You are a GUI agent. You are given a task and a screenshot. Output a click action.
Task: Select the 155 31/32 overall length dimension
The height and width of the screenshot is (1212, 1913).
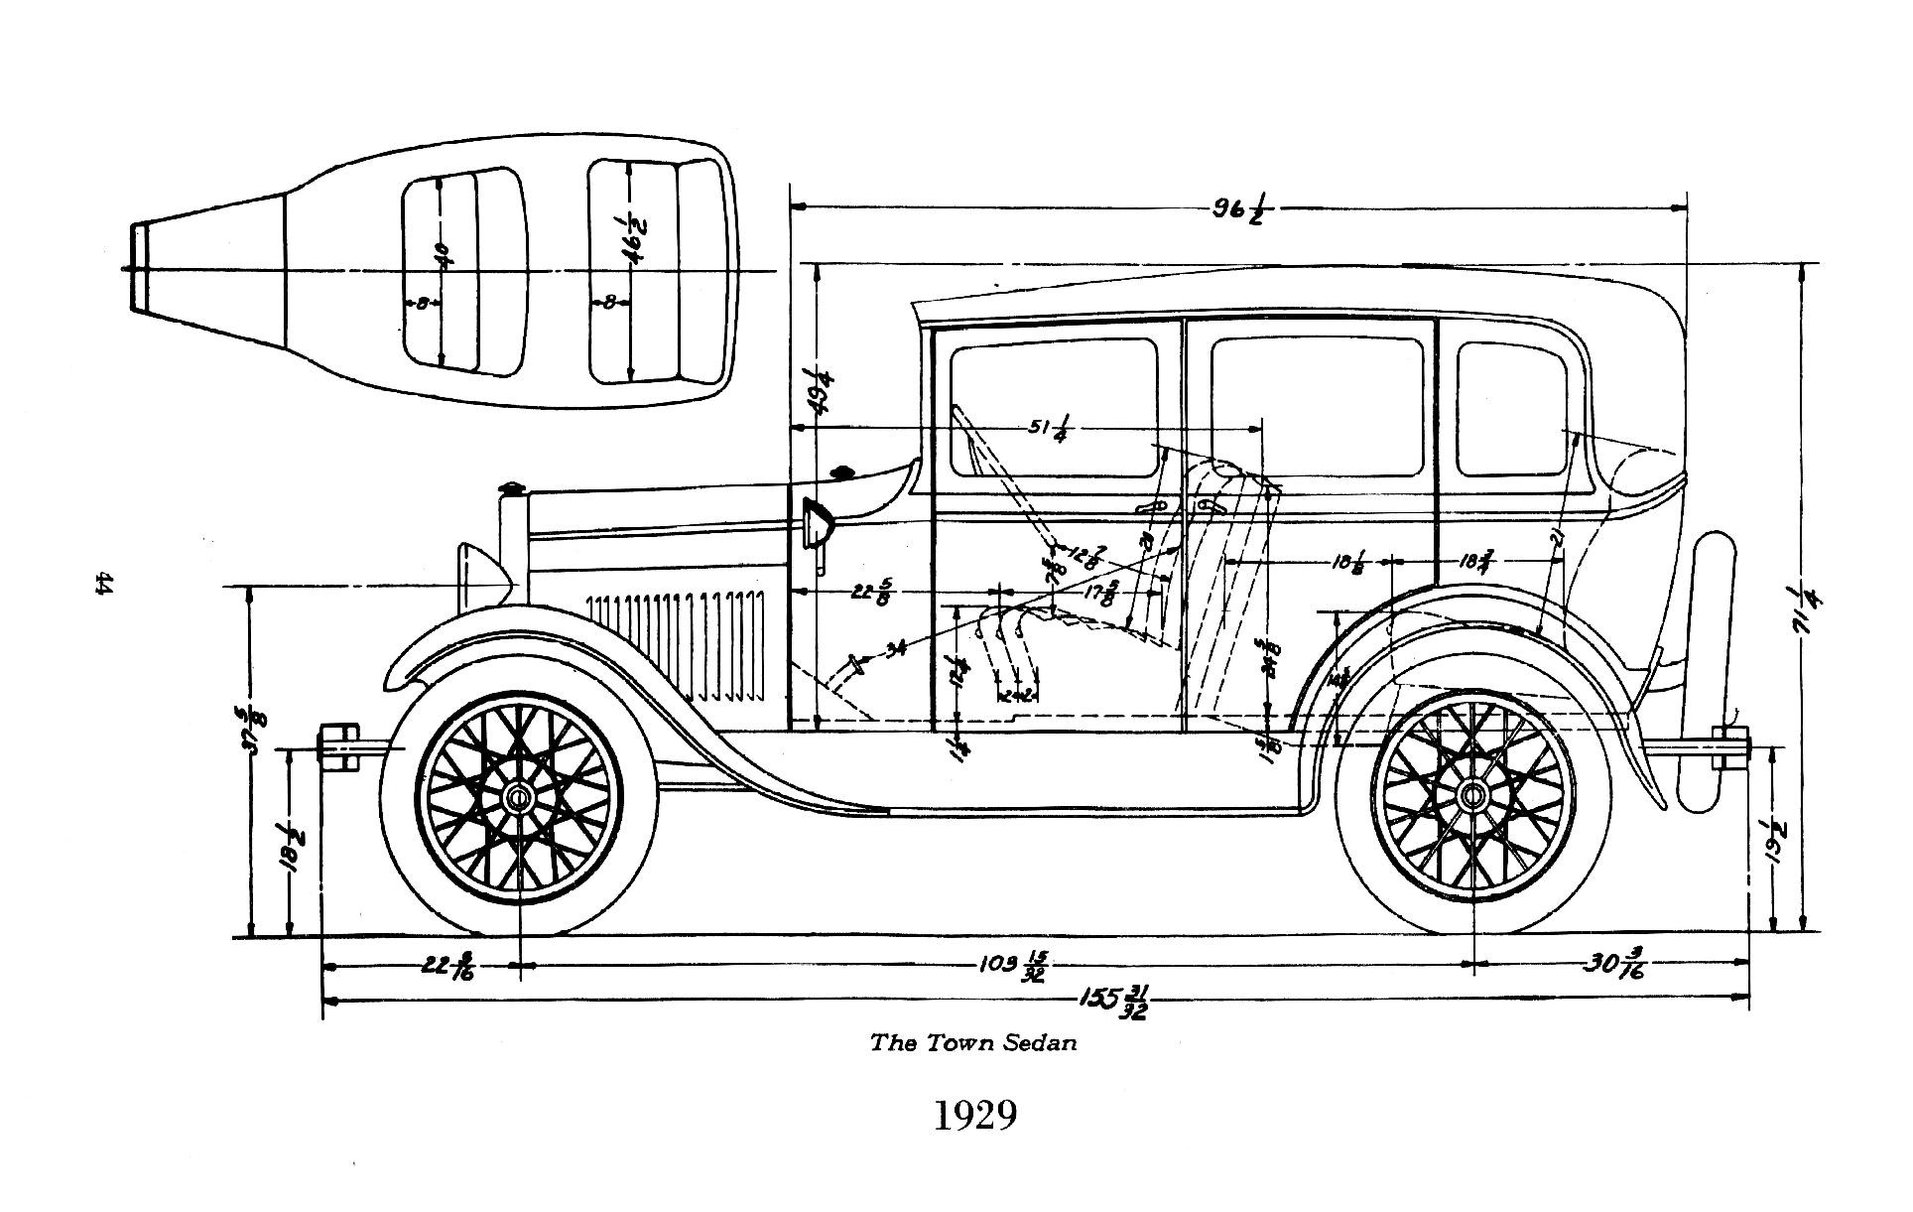point(1116,1002)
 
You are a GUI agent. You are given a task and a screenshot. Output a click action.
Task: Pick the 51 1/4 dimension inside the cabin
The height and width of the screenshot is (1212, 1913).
point(1047,430)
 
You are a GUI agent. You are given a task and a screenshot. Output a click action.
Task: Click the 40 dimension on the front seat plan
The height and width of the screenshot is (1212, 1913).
point(443,257)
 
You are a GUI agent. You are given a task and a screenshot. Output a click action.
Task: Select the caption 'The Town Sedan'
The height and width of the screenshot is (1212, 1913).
point(972,1043)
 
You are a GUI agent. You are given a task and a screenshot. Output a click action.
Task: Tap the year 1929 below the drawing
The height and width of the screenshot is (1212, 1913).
point(975,1115)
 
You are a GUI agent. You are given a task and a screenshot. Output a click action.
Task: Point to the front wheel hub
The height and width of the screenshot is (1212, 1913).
point(518,797)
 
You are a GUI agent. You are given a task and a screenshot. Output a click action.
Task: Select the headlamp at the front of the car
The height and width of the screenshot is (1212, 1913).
point(481,579)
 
